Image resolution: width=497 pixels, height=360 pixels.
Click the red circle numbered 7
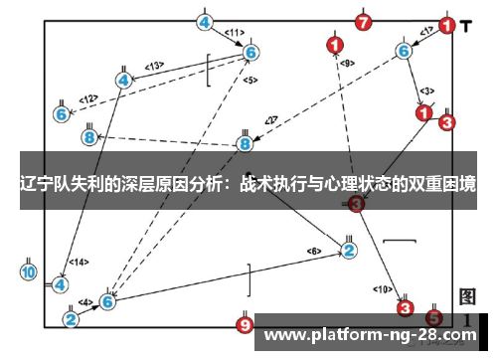(x=364, y=21)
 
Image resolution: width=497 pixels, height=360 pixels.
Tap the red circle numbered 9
(x=245, y=324)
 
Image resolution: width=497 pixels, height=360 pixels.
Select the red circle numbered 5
(x=433, y=317)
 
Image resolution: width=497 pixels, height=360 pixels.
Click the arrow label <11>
(x=234, y=33)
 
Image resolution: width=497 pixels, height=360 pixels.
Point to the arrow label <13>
(x=154, y=66)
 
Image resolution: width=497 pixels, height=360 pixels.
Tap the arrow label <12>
(x=88, y=99)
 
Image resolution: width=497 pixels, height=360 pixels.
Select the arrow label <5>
(x=248, y=80)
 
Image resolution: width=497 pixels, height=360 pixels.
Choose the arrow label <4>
(x=85, y=301)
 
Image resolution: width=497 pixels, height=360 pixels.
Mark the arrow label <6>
(x=314, y=250)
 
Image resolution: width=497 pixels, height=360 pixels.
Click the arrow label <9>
(x=347, y=64)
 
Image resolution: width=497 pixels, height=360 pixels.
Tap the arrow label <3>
(x=426, y=91)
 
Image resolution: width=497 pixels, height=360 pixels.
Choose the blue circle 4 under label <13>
(x=124, y=79)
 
